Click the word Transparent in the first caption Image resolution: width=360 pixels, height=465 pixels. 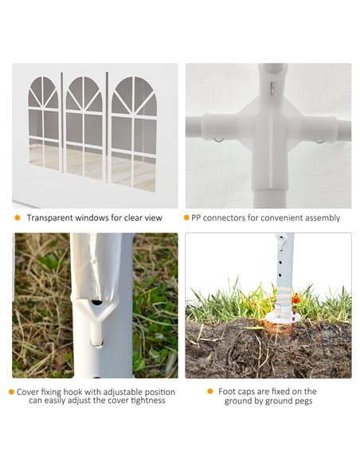tap(50, 217)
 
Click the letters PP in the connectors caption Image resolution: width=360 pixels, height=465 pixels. tap(196, 217)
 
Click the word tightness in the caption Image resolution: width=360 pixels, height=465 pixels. tap(148, 401)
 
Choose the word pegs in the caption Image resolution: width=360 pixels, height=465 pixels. tap(302, 401)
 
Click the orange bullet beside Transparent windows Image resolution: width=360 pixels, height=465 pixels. tap(18, 217)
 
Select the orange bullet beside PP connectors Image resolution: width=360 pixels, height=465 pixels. tap(186, 217)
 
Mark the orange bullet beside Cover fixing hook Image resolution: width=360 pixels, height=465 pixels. tap(12, 392)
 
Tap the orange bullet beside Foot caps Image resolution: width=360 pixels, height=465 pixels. tap(210, 392)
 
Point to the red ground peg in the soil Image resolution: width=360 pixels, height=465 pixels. tap(294, 318)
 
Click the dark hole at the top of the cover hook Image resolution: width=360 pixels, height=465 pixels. tap(96, 303)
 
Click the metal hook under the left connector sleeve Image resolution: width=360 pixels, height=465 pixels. tap(218, 140)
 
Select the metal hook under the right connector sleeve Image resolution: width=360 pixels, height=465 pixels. tap(319, 142)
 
